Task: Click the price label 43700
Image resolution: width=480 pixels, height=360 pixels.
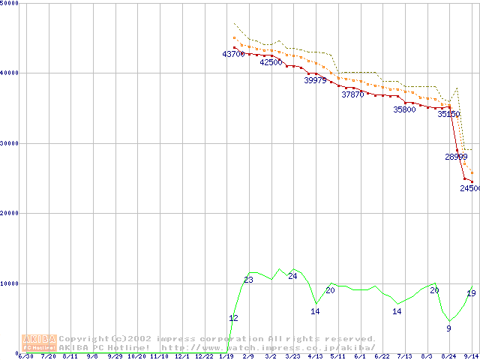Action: (x=233, y=54)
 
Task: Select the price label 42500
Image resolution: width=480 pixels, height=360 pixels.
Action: (x=271, y=62)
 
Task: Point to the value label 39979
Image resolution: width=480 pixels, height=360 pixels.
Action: (x=315, y=80)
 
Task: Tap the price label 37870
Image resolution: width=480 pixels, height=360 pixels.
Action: (x=352, y=94)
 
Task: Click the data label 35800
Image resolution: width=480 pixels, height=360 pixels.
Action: (x=404, y=109)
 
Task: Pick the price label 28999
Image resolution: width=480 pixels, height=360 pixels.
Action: (x=456, y=157)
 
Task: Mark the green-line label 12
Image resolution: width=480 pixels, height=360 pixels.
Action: (x=233, y=318)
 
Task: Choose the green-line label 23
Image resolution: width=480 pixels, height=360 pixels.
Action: (x=248, y=280)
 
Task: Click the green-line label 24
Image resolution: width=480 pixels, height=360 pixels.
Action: (x=292, y=276)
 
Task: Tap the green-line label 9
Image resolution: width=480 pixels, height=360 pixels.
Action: (x=448, y=328)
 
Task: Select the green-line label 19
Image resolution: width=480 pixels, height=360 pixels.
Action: (x=471, y=293)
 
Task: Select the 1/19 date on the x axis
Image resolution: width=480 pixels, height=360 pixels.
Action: (x=226, y=356)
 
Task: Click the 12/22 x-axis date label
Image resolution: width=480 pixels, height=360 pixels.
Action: (x=203, y=356)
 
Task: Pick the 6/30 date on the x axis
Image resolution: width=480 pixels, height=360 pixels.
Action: (x=25, y=356)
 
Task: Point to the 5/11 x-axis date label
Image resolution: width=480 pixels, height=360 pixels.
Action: (x=337, y=356)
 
